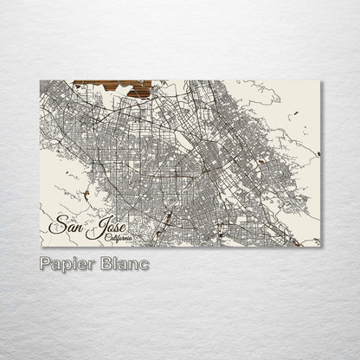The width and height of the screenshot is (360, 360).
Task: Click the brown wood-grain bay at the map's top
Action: [x=112, y=87]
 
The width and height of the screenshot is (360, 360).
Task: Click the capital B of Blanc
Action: [x=104, y=262]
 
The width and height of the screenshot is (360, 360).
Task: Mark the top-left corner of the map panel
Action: [x=41, y=80]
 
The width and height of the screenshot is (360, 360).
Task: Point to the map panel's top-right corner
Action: [x=322, y=80]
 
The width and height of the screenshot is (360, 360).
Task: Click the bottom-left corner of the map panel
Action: [x=41, y=243]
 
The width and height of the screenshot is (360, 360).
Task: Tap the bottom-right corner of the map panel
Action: [x=322, y=243]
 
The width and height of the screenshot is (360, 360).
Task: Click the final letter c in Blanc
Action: [x=143, y=263]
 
